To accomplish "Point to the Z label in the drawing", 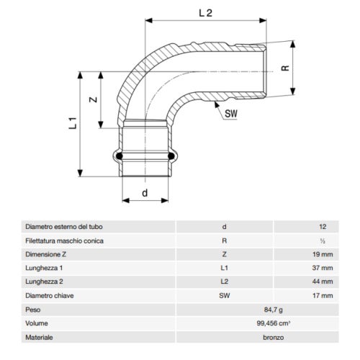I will [92, 101].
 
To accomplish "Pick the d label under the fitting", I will [145, 192].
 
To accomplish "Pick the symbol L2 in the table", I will [225, 281].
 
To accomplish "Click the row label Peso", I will [32, 308].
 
